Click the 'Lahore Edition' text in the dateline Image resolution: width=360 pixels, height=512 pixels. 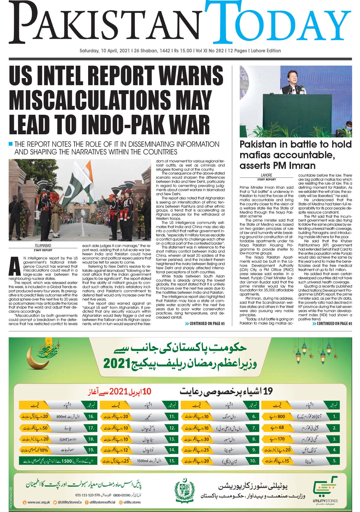266,51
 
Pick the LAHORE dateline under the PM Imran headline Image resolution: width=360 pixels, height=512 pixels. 267,175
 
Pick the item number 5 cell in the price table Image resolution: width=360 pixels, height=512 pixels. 334,461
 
